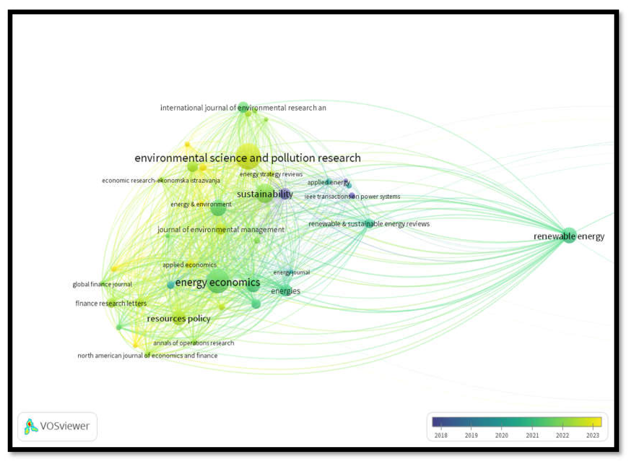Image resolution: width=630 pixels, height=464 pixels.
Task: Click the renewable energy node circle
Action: pos(569,235)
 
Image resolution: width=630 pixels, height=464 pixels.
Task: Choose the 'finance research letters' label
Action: pos(111,303)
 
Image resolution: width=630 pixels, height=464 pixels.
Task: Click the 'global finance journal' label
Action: pos(102,284)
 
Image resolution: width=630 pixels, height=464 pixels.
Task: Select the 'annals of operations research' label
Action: pos(193,343)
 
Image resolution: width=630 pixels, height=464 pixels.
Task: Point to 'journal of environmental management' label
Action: pos(221,230)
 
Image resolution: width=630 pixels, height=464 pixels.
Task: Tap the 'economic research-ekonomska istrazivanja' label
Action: pos(161,180)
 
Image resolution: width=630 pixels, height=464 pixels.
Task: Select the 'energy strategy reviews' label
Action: pos(271,174)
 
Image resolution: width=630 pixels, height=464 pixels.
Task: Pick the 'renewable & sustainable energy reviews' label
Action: pos(369,224)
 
